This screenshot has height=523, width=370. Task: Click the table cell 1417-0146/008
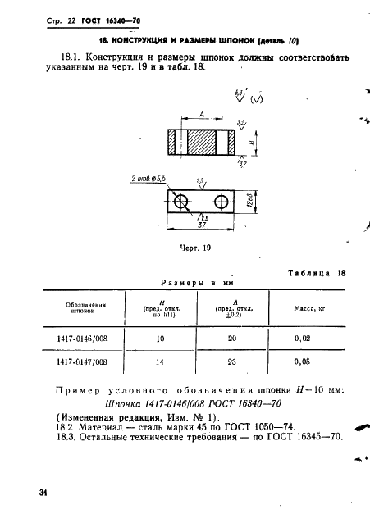click(82, 339)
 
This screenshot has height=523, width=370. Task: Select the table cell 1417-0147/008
click(82, 362)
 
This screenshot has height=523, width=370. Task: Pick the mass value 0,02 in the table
click(302, 339)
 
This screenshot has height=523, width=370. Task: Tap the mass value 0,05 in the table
click(302, 362)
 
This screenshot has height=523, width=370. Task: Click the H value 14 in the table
click(160, 362)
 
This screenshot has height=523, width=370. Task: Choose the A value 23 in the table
click(231, 362)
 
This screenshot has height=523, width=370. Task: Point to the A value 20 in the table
click(232, 339)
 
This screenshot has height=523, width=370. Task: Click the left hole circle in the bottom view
click(181, 201)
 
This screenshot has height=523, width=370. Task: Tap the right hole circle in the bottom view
click(221, 201)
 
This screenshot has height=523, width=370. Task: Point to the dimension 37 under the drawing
click(202, 225)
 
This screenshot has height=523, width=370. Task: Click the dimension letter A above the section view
click(202, 115)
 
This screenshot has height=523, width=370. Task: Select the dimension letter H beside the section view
click(252, 142)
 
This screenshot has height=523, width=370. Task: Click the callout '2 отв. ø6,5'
click(148, 179)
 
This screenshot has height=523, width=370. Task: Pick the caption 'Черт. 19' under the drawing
click(195, 248)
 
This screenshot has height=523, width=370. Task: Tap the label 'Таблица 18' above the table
click(317, 273)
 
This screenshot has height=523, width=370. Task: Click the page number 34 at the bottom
click(43, 493)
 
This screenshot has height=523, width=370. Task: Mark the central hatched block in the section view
click(202, 143)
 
